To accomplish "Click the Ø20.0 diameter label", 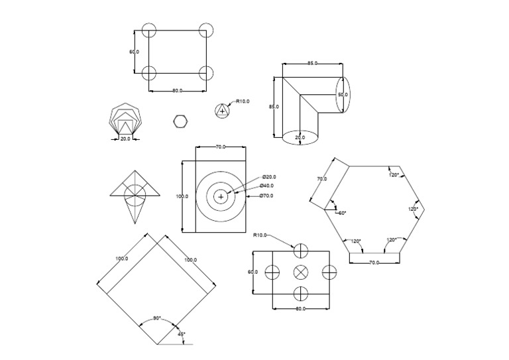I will pyautogui.click(x=269, y=177).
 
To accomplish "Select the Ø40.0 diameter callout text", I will pyautogui.click(x=266, y=186).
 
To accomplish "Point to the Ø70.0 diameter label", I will pyautogui.click(x=266, y=196).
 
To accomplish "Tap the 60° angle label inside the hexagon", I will pyautogui.click(x=341, y=213).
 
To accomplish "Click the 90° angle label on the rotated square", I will pyautogui.click(x=157, y=318).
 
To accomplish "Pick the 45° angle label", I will pyautogui.click(x=182, y=334).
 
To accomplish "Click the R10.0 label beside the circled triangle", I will pyautogui.click(x=243, y=101).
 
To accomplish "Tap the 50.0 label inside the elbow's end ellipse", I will pyautogui.click(x=343, y=95).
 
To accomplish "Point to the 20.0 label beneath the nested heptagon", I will pyautogui.click(x=125, y=139).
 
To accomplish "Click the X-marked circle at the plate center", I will pyautogui.click(x=301, y=272).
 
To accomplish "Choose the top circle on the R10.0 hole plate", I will pyautogui.click(x=301, y=250).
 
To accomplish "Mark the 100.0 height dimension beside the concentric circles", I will pyautogui.click(x=182, y=196).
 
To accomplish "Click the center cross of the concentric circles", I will pyautogui.click(x=221, y=196).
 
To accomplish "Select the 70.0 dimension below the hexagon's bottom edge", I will pyautogui.click(x=374, y=263).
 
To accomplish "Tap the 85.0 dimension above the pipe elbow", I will pyautogui.click(x=312, y=63).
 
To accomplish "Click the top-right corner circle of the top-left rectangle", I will pyautogui.click(x=206, y=30).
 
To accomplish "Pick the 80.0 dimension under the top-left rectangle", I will pyautogui.click(x=177, y=90).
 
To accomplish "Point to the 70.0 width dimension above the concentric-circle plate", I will pyautogui.click(x=221, y=147).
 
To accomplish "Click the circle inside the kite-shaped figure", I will pyautogui.click(x=135, y=192).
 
